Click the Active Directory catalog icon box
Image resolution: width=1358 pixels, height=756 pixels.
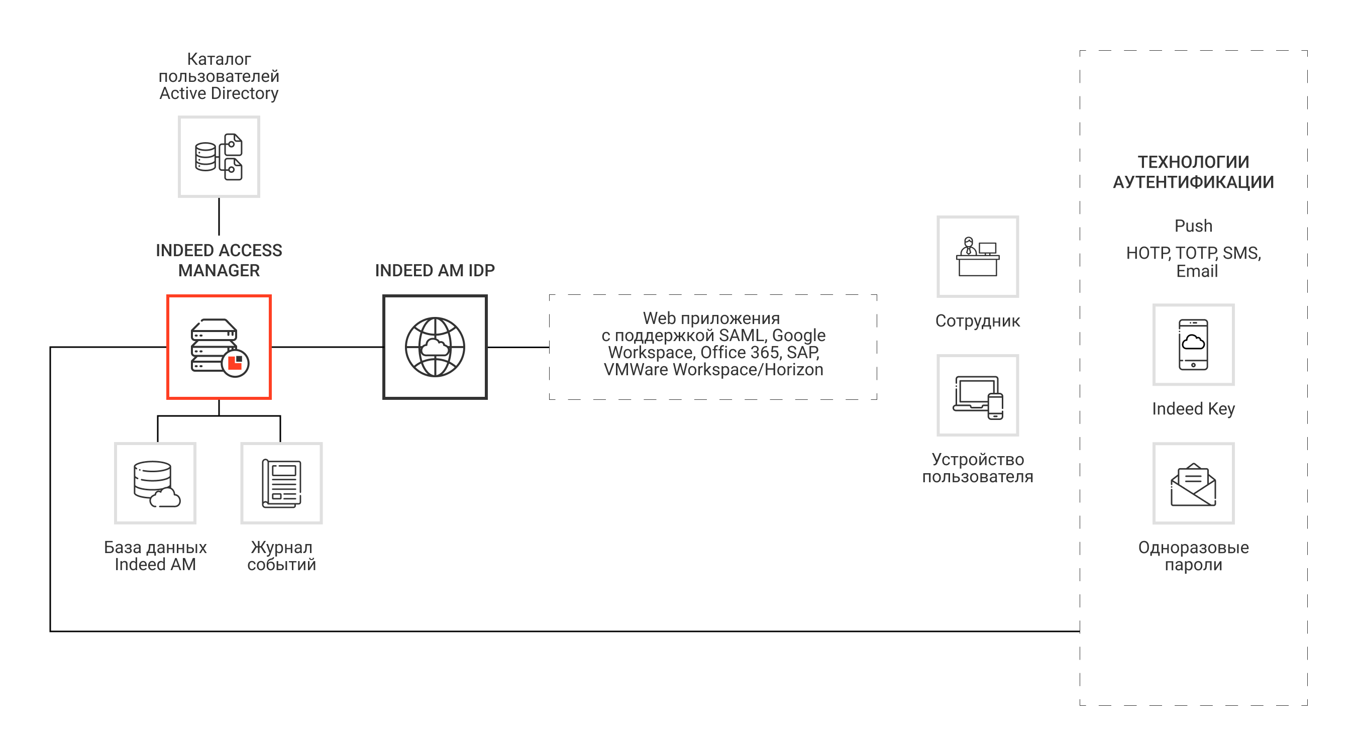(219, 157)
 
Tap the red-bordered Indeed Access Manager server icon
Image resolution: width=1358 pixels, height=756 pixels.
(219, 347)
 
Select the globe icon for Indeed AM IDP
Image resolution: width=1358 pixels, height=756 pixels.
(435, 347)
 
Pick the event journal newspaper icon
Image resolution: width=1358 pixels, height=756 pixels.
(281, 483)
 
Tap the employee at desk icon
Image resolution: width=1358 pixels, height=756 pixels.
(977, 257)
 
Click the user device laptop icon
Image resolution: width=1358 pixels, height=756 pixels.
(977, 395)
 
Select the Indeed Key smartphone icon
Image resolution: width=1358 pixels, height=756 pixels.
(1193, 344)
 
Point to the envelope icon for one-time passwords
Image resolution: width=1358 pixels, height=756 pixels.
(1193, 483)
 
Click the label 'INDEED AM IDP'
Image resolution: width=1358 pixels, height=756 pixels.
(435, 270)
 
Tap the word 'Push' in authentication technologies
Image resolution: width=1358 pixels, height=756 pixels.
(1193, 226)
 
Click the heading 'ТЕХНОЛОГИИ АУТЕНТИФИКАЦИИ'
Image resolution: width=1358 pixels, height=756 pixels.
(1193, 172)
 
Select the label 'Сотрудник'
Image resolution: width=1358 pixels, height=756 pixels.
(977, 320)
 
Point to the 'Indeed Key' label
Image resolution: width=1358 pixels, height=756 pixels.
(1193, 408)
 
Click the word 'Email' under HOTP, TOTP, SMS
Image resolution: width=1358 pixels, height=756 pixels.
(1197, 271)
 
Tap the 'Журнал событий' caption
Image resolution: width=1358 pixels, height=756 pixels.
(281, 556)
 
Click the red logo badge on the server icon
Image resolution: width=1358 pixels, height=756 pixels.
(235, 363)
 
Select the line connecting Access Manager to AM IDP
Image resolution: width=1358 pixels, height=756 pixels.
(327, 347)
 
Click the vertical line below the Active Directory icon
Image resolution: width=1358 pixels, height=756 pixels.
(219, 216)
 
